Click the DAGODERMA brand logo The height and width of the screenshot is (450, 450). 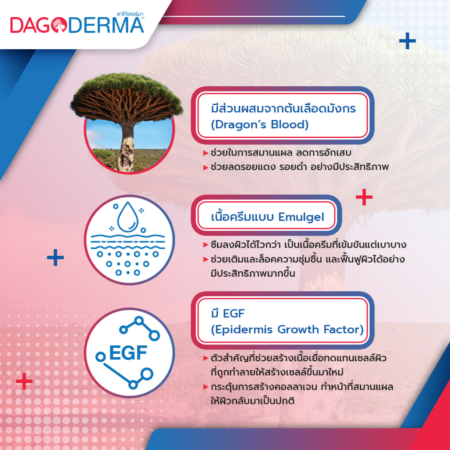click(x=77, y=25)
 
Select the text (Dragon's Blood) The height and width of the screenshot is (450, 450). click(x=259, y=125)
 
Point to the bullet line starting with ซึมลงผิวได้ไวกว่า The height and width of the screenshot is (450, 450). click(x=306, y=245)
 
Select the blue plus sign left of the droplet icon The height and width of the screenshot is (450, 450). click(x=55, y=258)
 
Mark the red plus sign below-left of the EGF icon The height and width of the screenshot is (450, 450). click(x=24, y=381)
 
